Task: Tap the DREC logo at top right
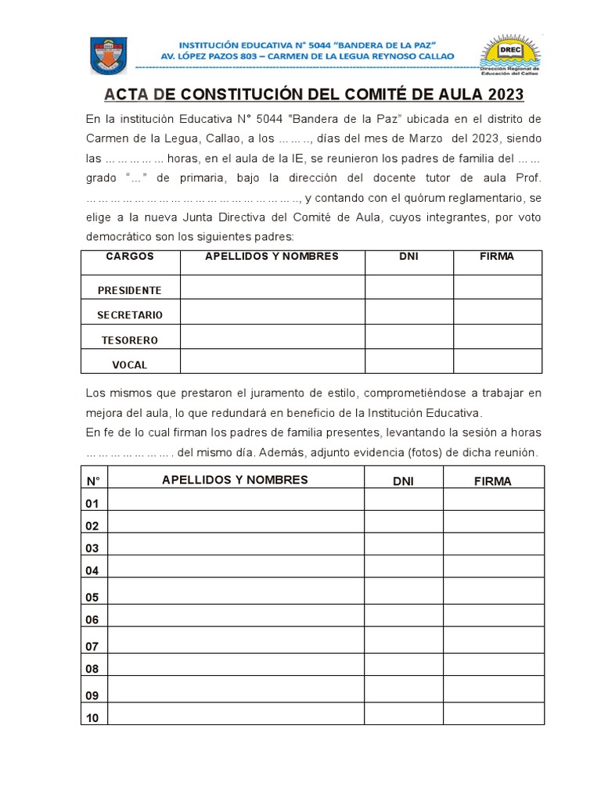(510, 56)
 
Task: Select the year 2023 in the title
(505, 95)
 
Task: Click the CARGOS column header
(130, 257)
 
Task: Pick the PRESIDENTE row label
(130, 290)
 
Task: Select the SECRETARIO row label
(130, 314)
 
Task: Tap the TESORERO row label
(130, 340)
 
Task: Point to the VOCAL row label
(130, 365)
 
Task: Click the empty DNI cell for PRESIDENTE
(408, 288)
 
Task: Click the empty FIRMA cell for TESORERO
(498, 338)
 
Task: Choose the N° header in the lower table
(93, 480)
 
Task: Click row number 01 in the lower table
(93, 503)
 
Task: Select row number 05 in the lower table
(93, 598)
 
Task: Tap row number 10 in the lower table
(93, 717)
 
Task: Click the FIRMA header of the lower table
(493, 481)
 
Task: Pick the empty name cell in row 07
(236, 643)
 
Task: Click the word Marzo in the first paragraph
(423, 138)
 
